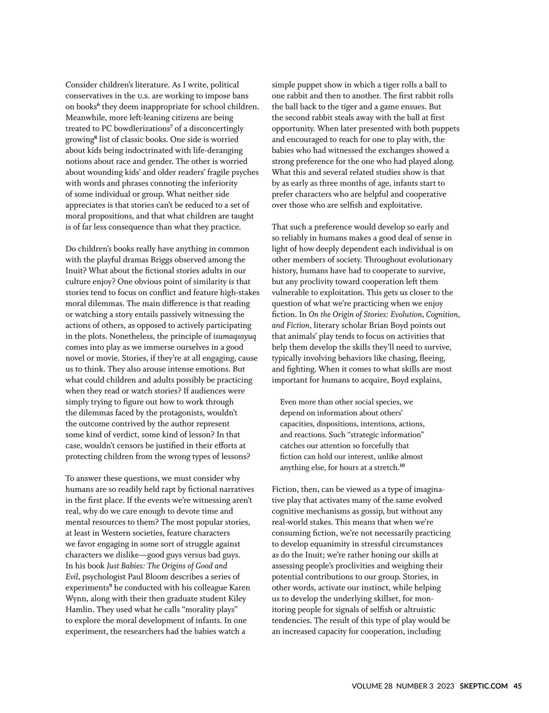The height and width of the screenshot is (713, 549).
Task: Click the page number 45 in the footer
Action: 517,686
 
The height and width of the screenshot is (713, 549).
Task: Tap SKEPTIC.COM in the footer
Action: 484,686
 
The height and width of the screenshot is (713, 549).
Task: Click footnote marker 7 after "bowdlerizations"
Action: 171,126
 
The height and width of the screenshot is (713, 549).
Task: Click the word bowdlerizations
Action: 140,129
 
